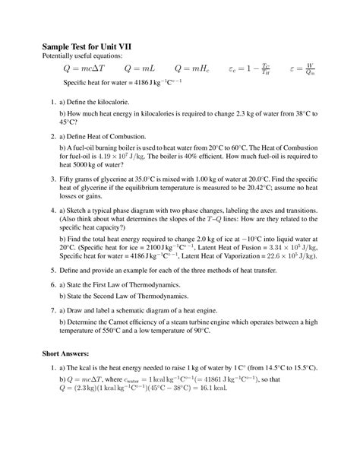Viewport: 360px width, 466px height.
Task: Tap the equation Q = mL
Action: point(141,68)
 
